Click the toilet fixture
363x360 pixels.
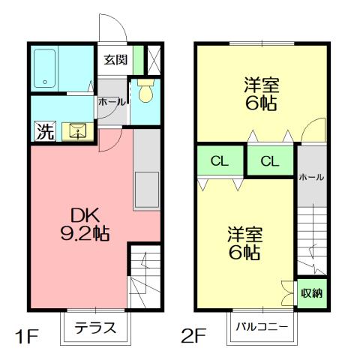[x=146, y=91]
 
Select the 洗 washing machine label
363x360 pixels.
[x=45, y=133]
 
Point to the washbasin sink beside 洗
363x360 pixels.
[x=77, y=133]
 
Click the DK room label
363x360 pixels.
[x=84, y=214]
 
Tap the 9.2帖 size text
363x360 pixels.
[x=84, y=234]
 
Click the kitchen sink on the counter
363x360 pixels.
[x=147, y=189]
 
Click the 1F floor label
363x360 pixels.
[x=24, y=334]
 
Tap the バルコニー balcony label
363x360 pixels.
[x=262, y=327]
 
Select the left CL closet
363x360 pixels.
[x=219, y=160]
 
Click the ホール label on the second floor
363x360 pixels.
[x=310, y=177]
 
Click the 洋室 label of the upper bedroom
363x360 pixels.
[x=260, y=84]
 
